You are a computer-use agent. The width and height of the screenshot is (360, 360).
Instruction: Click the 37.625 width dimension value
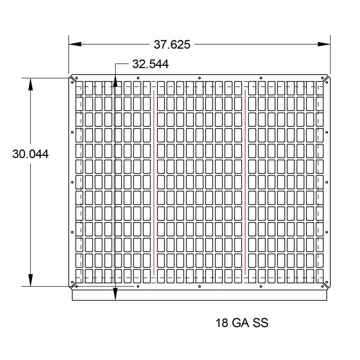coord(172,45)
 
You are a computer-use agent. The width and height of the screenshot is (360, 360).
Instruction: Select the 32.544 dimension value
coord(150,64)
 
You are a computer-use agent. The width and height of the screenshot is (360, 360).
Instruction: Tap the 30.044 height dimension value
coord(31,154)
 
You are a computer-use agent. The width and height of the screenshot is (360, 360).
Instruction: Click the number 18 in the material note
coord(222,323)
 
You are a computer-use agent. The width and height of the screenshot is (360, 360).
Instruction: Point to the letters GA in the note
coord(240,323)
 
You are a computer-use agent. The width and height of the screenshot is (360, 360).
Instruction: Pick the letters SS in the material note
coord(260,323)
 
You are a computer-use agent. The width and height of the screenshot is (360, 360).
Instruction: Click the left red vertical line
coord(154,182)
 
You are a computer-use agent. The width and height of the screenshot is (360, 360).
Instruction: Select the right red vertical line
coord(245,182)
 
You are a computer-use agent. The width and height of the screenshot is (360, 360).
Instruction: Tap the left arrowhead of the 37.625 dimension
coord(75,44)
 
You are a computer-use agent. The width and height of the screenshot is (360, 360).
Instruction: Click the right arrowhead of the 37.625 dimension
coord(324,44)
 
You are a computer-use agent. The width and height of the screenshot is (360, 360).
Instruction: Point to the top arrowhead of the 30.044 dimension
coord(31,84)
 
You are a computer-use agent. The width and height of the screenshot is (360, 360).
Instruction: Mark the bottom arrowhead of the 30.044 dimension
coord(31,280)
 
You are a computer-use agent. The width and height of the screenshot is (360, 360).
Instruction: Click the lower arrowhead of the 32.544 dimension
coord(115,294)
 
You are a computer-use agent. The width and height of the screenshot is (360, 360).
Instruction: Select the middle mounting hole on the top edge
coord(199,78)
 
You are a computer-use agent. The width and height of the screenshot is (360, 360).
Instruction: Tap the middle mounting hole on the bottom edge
coord(199,287)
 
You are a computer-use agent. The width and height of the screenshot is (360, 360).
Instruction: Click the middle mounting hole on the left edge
coord(72,182)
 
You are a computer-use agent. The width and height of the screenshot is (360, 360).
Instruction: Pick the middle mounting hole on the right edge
coord(327,182)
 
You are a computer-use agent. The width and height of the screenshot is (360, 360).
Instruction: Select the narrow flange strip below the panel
coord(199,295)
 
